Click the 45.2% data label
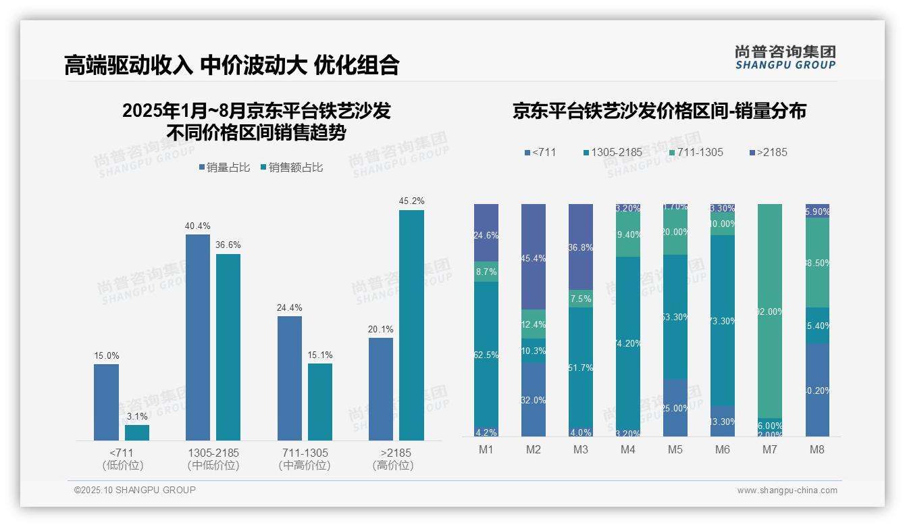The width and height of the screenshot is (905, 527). [x=411, y=201]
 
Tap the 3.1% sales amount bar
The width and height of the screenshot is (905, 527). [x=137, y=432]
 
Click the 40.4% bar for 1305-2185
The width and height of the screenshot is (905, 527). [x=198, y=337]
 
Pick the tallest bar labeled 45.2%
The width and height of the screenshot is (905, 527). [x=411, y=325]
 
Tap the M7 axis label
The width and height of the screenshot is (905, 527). [x=770, y=450]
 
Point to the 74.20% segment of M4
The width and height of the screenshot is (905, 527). [x=628, y=344]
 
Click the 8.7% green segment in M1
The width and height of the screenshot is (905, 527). [x=486, y=272]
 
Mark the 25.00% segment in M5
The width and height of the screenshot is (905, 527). [x=675, y=407]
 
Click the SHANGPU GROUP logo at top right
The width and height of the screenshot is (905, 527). [x=785, y=57]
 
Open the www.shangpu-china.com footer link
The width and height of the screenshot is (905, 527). [x=787, y=491]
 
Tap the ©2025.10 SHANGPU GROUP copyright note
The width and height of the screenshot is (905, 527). [x=135, y=490]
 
